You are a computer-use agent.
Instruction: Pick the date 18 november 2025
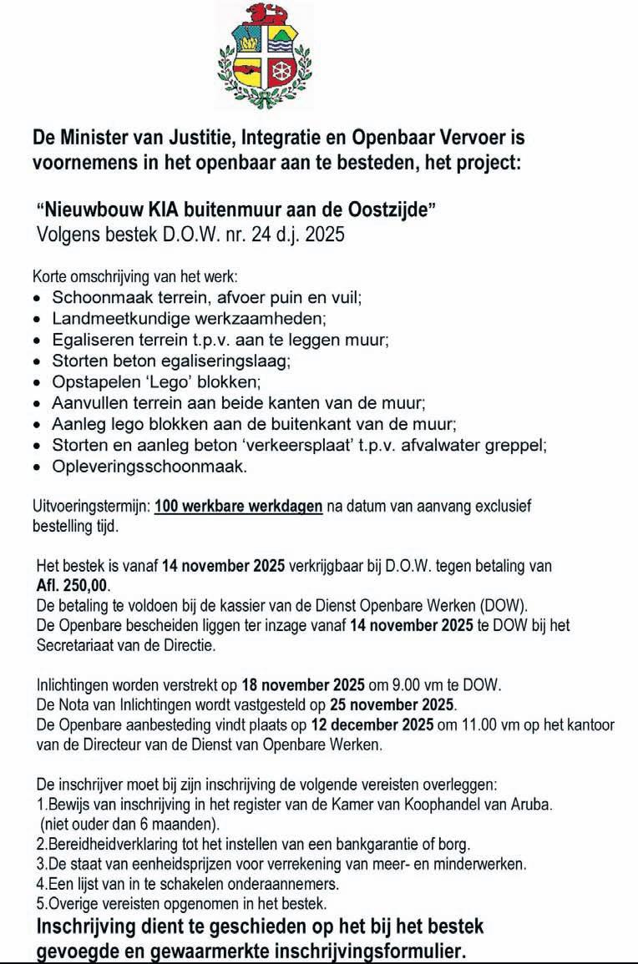[x=302, y=685]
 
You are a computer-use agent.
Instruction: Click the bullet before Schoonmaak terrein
[x=37, y=298]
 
